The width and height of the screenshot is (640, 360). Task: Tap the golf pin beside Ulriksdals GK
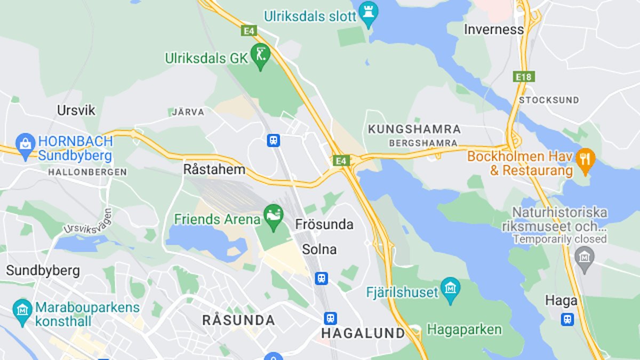(x=260, y=55)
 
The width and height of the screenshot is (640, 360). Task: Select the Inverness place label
(x=493, y=29)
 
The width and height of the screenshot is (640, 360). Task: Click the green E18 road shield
(x=524, y=77)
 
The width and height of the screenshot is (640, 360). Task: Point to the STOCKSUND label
(x=549, y=100)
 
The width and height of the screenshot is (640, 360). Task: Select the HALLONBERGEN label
(x=87, y=172)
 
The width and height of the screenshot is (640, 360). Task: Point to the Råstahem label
(x=214, y=170)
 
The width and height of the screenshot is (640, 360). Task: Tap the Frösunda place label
(x=324, y=225)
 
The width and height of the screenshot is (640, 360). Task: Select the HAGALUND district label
(x=363, y=333)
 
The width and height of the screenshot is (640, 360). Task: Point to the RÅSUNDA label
(x=238, y=320)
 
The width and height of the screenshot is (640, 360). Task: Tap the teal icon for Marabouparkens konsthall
(x=22, y=311)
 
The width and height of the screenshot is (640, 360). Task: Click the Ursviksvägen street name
(x=88, y=221)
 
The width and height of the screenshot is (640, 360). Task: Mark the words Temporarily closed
(x=559, y=239)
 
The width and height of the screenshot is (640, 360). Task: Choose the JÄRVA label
(x=188, y=112)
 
